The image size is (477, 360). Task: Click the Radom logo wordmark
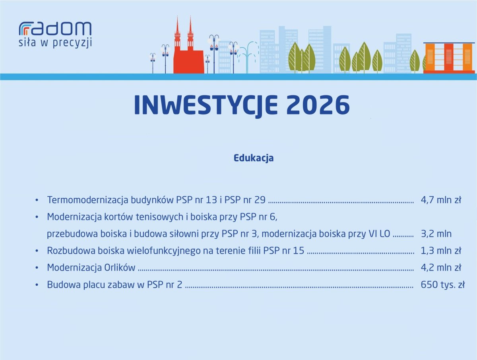point(55,29)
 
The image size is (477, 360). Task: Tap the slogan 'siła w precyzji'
point(55,43)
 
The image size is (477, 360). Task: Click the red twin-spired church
point(188,46)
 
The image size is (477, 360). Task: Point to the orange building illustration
point(449,58)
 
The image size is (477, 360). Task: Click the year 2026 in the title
point(318,105)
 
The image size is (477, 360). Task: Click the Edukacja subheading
point(253,158)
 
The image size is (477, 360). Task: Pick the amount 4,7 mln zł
point(441,200)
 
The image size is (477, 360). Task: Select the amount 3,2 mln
point(436,234)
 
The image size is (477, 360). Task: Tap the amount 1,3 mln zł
point(441,251)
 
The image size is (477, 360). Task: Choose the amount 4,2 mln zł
point(441,268)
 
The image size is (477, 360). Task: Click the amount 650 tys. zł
point(442,285)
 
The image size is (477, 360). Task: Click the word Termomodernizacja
point(87,200)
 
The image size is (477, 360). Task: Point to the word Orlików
point(120,268)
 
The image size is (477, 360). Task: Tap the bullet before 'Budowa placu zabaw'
point(37,285)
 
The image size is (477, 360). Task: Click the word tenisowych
point(160,217)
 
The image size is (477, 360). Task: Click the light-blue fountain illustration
point(248,57)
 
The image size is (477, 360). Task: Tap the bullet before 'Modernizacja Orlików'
point(37,268)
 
